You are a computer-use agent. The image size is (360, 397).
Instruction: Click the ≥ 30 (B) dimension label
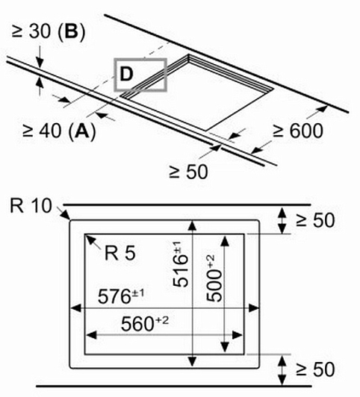[x=49, y=31]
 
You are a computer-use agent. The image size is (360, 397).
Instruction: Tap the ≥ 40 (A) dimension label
[x=59, y=131]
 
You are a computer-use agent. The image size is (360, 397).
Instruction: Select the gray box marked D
[x=140, y=75]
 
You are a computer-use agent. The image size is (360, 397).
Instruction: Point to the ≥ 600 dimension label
[x=298, y=131]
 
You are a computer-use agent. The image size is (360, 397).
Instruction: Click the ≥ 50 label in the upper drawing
[x=188, y=172]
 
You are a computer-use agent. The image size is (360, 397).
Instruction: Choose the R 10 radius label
[x=31, y=206]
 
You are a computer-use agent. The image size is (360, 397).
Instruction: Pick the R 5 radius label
[x=120, y=253]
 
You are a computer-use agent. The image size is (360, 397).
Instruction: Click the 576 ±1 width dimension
[x=121, y=296]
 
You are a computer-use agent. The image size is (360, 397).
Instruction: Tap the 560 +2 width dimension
[x=145, y=323]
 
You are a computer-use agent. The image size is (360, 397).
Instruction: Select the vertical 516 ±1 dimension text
[x=181, y=264]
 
